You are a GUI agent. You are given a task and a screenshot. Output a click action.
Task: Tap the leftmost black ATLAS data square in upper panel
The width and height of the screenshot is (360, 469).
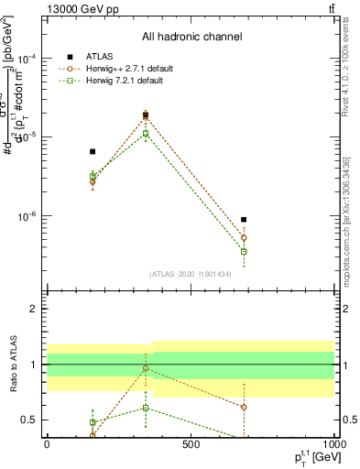(93, 151)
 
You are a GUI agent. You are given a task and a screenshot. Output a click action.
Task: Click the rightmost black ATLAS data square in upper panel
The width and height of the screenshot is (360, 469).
(244, 220)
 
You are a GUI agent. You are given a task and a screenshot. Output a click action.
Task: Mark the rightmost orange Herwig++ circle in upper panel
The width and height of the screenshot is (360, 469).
(244, 238)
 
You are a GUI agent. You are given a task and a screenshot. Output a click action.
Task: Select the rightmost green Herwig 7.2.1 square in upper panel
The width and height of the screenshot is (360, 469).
(244, 251)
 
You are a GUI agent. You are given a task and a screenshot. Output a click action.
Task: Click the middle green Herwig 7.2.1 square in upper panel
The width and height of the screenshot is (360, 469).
(146, 134)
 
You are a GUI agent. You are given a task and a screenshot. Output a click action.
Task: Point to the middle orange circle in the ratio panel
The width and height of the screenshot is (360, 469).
(146, 368)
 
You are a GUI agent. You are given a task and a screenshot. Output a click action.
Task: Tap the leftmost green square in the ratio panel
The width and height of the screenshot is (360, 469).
(93, 422)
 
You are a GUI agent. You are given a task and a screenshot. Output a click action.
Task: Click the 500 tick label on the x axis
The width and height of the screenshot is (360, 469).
(191, 444)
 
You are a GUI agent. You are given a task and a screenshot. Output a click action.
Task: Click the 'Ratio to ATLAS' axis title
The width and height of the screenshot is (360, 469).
(14, 365)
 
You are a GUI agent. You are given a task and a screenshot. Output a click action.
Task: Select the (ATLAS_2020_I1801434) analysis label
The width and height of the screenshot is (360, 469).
(191, 274)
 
